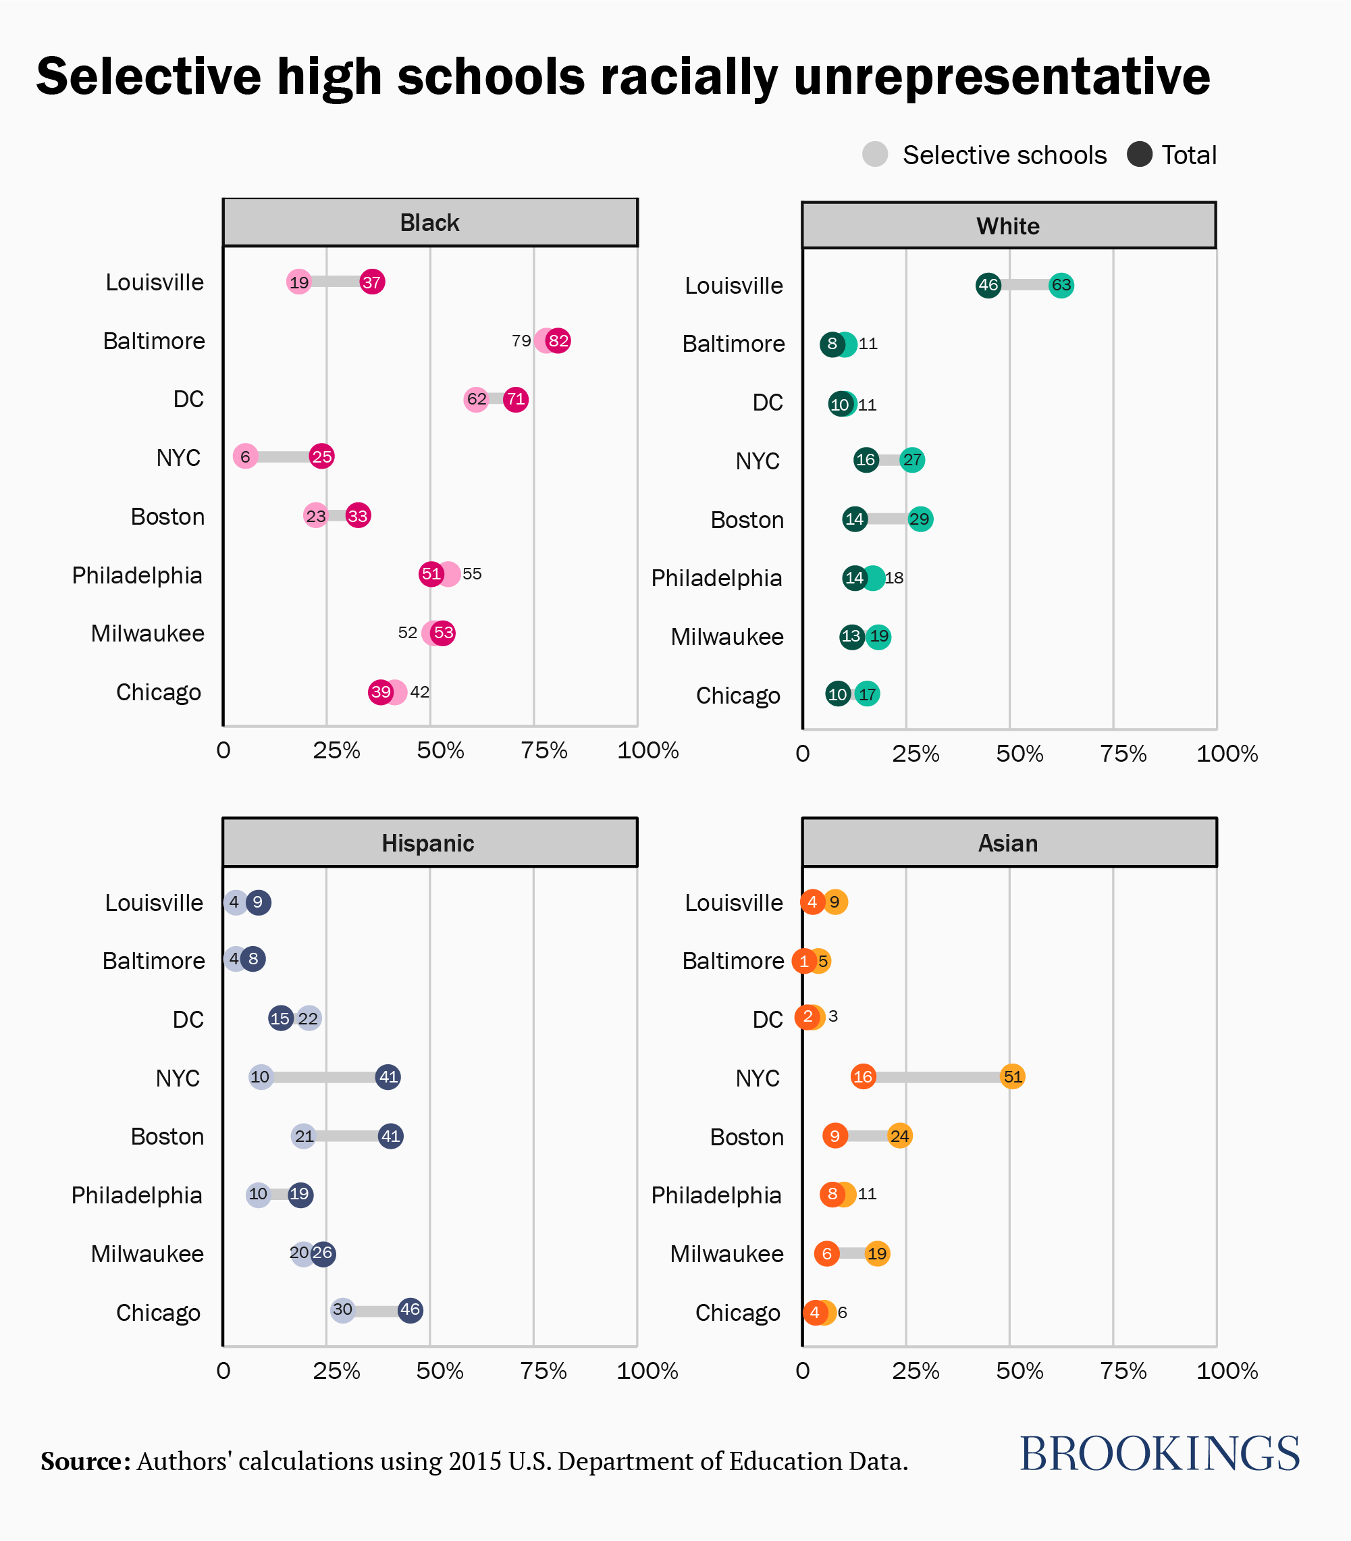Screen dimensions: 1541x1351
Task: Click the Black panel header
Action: coord(429,223)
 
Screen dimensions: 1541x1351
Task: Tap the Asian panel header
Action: coord(1009,843)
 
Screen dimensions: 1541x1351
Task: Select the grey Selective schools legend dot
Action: coord(875,155)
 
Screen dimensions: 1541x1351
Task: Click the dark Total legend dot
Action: coord(1139,155)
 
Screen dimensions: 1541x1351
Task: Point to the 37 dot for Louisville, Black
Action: coord(371,282)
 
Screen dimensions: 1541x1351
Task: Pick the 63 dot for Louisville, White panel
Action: coord(1061,285)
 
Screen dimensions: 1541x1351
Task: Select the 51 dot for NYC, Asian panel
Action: coord(1013,1076)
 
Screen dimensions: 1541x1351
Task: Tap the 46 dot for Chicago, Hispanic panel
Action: coord(410,1309)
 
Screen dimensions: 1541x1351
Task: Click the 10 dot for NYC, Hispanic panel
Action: coord(260,1076)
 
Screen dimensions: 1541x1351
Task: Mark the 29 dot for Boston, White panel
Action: coord(920,519)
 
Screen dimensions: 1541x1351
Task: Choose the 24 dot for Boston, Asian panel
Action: coord(899,1136)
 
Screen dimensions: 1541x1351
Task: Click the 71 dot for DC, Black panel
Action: coord(516,399)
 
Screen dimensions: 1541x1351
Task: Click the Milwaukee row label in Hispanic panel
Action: coord(148,1254)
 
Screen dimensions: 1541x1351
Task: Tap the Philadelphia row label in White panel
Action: coord(716,578)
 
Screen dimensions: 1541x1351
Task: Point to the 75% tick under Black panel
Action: coord(544,751)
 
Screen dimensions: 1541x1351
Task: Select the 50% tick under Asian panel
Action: coord(1019,1371)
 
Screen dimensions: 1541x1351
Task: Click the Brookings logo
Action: coord(1159,1455)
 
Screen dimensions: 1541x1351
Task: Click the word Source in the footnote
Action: coord(84,1461)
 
